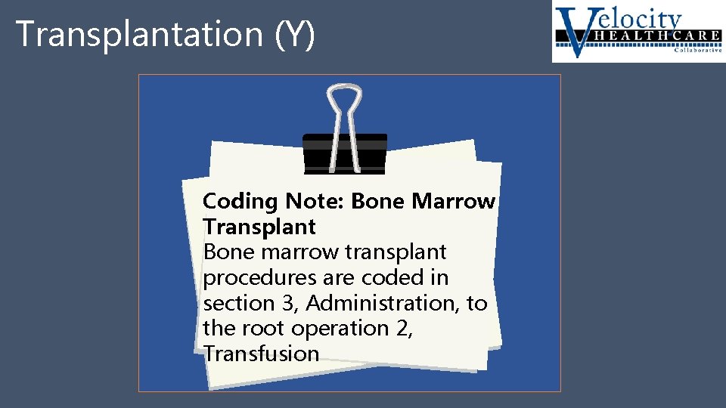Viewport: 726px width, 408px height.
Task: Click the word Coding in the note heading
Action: click(240, 202)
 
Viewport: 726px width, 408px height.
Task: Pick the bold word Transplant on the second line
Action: click(259, 227)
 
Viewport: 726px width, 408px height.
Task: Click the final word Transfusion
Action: click(262, 354)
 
